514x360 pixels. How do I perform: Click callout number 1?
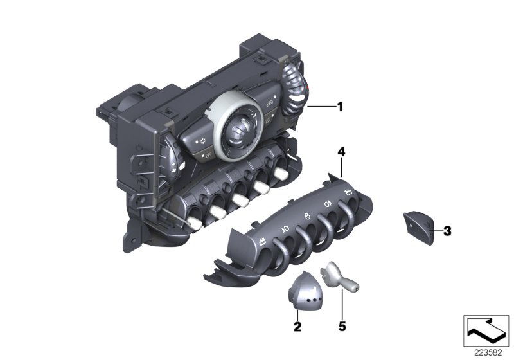pos(341,107)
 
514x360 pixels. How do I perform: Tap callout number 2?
pos(297,327)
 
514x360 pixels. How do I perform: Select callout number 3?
pos(447,231)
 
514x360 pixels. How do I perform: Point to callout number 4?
pos(341,152)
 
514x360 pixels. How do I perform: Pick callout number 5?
pos(342,327)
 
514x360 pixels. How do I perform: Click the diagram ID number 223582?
pos(488,353)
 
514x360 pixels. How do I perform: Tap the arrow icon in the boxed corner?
pos(486,330)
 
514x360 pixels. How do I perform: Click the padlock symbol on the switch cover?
pos(307,215)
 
